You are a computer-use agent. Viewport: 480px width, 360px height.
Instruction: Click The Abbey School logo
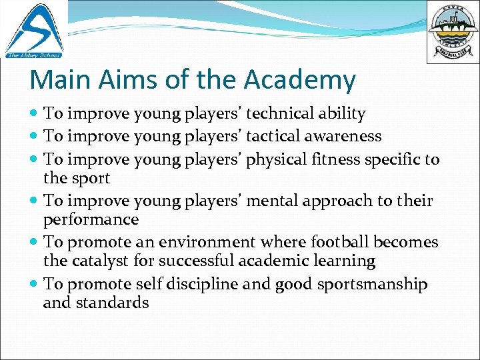click(x=33, y=29)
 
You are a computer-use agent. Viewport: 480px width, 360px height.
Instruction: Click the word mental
click(x=273, y=201)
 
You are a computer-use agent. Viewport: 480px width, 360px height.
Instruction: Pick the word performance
click(x=91, y=219)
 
